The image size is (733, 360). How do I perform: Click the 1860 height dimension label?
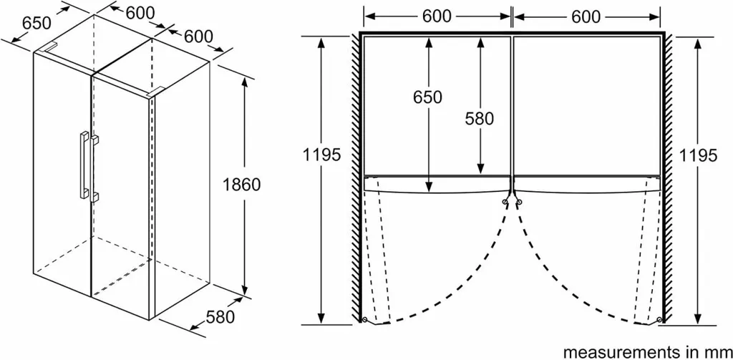click(242, 184)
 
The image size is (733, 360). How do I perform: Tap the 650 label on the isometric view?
click(37, 23)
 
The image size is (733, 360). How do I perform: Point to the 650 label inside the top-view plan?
click(427, 97)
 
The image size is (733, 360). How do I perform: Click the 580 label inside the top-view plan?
click(480, 118)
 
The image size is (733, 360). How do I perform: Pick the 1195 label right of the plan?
click(699, 155)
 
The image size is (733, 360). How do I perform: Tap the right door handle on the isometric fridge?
click(94, 167)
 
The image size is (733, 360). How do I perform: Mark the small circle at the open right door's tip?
click(659, 320)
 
